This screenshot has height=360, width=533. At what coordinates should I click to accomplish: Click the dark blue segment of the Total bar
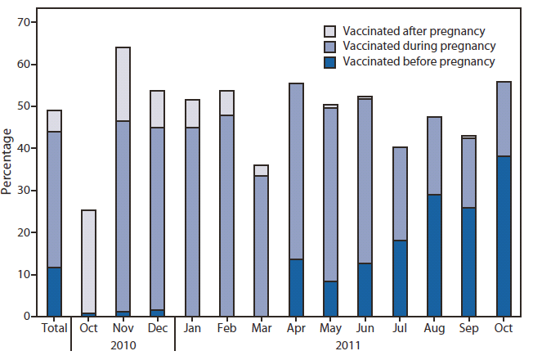click(54, 291)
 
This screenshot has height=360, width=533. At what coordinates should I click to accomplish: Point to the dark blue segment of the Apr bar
click(296, 287)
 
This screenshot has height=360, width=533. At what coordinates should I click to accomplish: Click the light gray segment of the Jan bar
click(192, 114)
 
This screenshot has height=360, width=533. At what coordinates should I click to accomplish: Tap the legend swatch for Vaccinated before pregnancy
click(330, 61)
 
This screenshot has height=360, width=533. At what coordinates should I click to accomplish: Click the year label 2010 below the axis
click(123, 345)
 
